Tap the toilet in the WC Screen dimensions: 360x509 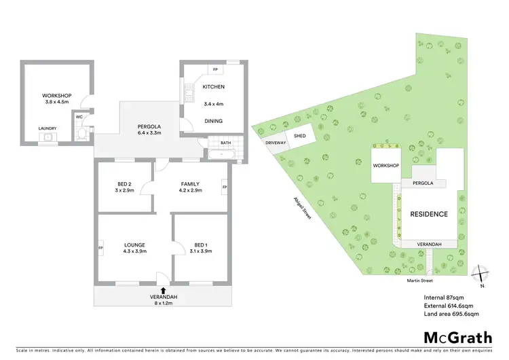81,133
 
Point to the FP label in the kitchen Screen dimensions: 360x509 215,70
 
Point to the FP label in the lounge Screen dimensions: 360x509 101,247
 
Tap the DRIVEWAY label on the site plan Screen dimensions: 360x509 275,143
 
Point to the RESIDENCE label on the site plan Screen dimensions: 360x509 428,214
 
